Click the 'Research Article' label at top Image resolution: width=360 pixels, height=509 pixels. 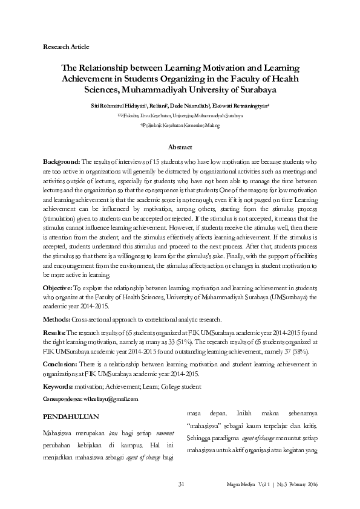pos(67,46)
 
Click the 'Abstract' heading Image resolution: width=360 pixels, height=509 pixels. pos(180,147)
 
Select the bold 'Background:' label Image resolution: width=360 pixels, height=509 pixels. pos(62,163)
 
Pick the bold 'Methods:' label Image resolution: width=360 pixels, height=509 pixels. pos(57,319)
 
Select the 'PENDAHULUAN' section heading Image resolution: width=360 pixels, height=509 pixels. pos(71,417)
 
